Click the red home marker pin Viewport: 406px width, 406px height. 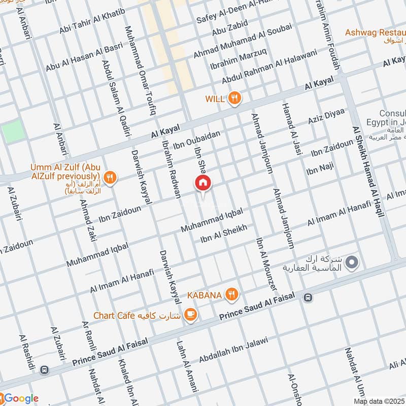pyautogui.click(x=202, y=183)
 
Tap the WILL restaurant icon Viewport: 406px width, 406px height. pyautogui.click(x=234, y=98)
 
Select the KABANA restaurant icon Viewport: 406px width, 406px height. pyautogui.click(x=232, y=294)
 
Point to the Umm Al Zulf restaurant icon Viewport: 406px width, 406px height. pyautogui.click(x=110, y=177)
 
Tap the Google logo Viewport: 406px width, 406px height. pyautogui.click(x=20, y=398)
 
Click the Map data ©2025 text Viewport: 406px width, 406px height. pyautogui.click(x=379, y=401)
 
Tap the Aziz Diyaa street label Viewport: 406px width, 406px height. pyautogui.click(x=326, y=117)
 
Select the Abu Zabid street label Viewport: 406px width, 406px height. pyautogui.click(x=230, y=28)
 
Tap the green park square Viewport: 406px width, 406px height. pyautogui.click(x=13, y=131)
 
